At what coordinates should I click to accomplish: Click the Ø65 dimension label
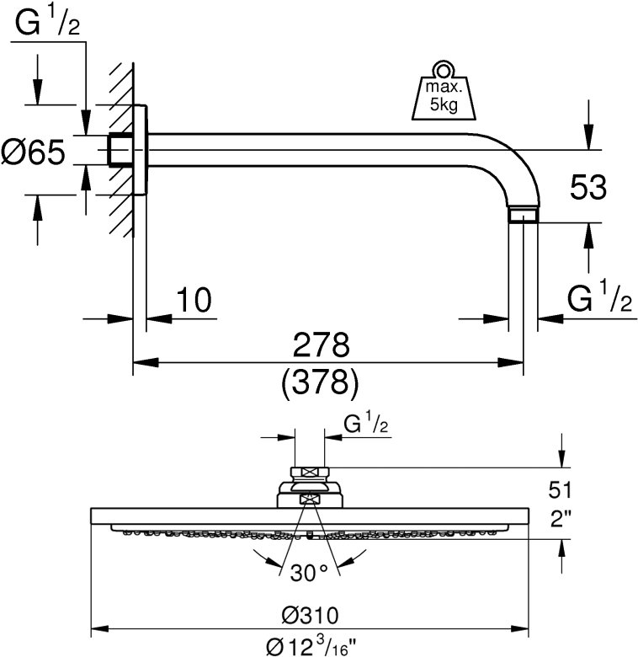point(34,153)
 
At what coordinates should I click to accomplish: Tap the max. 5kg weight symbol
point(442,95)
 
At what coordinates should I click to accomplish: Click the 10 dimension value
point(193,299)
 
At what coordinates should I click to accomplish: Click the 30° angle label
point(309,573)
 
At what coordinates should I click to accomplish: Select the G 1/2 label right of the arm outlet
point(598,298)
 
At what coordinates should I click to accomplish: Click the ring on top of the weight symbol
point(442,68)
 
